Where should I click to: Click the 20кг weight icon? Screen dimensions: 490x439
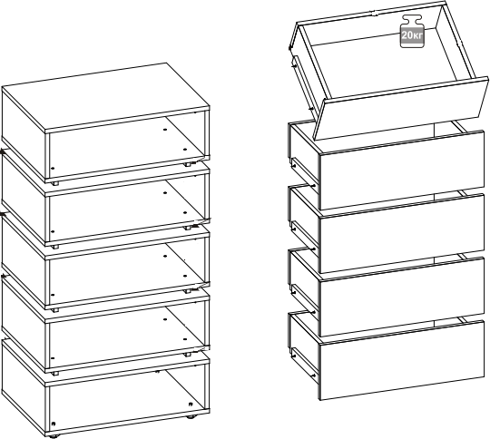click(x=412, y=32)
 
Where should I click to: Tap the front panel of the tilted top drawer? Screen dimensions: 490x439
click(x=401, y=108)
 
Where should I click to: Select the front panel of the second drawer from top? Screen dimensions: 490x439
click(x=401, y=171)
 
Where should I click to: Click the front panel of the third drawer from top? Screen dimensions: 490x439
click(x=401, y=234)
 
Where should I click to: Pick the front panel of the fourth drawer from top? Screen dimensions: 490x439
click(x=401, y=297)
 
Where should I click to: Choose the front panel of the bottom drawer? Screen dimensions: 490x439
click(x=401, y=360)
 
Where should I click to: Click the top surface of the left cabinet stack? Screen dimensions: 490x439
click(x=105, y=96)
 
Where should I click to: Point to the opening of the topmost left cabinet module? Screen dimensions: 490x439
click(x=126, y=145)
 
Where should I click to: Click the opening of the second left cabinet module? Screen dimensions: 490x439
click(x=126, y=208)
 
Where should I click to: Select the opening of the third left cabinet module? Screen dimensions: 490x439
click(x=126, y=271)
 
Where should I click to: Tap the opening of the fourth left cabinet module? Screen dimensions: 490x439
click(x=126, y=335)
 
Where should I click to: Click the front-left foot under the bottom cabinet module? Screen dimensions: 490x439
click(x=54, y=436)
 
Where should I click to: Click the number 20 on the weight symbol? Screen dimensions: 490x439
click(x=407, y=34)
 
